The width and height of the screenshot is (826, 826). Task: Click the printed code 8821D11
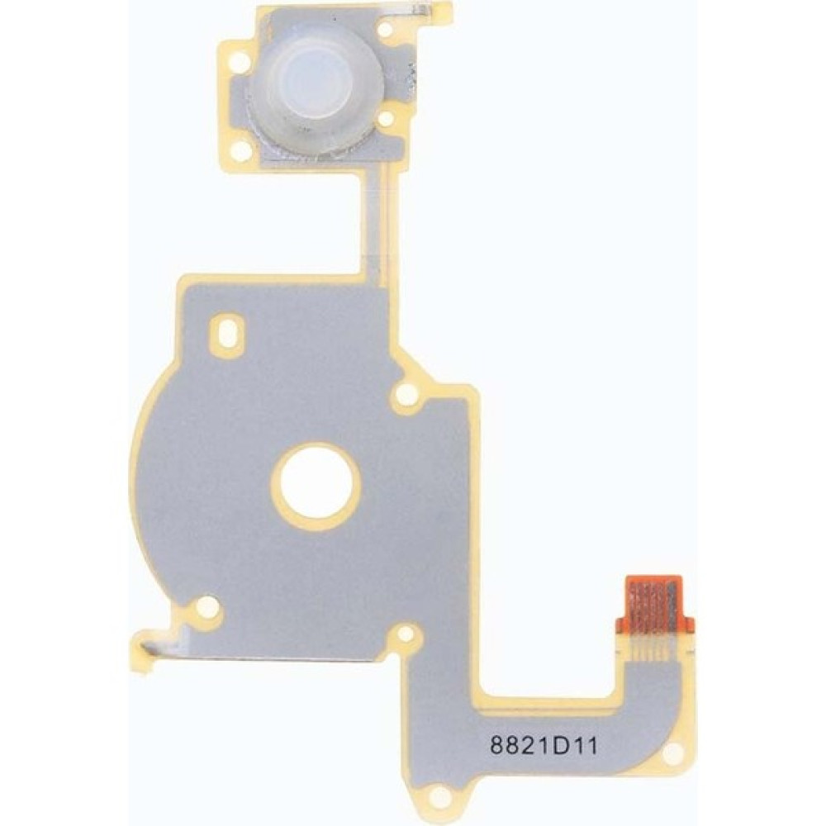(544, 746)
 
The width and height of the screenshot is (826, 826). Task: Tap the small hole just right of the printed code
(673, 754)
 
